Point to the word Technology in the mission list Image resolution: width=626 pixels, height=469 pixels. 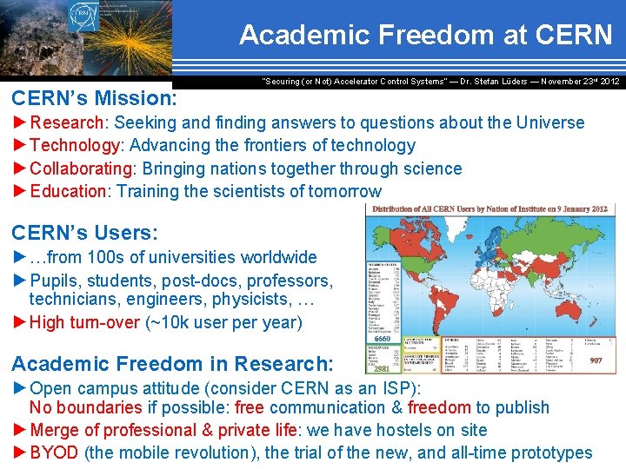74,145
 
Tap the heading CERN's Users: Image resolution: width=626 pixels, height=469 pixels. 84,233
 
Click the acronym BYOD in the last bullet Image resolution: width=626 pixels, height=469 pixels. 54,452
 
